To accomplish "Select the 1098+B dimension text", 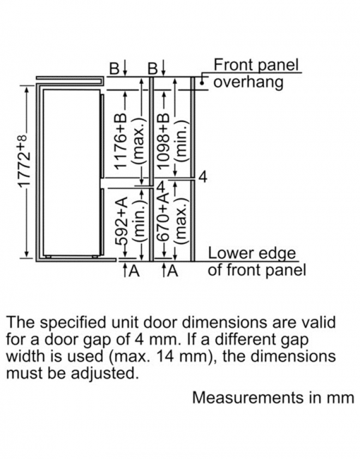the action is [164, 141].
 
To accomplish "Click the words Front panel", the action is [256, 65].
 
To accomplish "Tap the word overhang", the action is [248, 82].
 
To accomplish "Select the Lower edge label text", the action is [252, 254].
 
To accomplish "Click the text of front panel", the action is [256, 270].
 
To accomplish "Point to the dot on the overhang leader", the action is [202, 83].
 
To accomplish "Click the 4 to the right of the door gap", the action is [203, 177].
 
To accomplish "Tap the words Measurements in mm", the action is [273, 398].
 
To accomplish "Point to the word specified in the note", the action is [73, 323].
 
